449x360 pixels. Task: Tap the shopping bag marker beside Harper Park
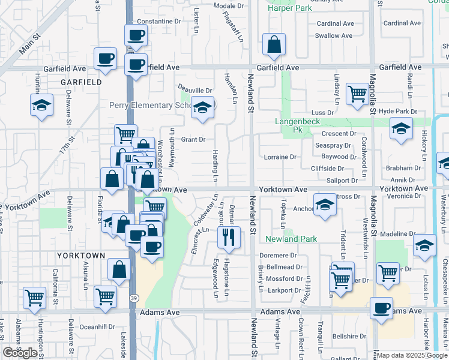274,44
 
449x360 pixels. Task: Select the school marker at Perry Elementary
203,108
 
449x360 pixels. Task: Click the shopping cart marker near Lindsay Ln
357,93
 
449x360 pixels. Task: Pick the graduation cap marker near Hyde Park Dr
401,128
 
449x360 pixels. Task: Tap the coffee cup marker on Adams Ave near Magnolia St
381,308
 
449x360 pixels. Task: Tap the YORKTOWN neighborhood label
81,255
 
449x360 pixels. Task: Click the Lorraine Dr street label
280,157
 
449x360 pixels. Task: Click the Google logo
20,353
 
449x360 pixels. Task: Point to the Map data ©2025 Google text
411,355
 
